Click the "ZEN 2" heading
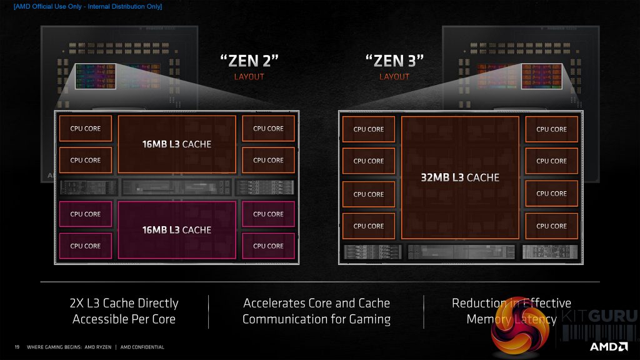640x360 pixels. [249, 61]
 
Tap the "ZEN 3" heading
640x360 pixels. [394, 61]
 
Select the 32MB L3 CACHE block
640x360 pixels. [460, 177]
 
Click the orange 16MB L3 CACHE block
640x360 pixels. [177, 144]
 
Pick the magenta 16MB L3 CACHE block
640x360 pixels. [177, 230]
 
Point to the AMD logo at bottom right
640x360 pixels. [609, 346]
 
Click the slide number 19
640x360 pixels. [17, 347]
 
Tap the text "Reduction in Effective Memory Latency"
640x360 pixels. [511, 311]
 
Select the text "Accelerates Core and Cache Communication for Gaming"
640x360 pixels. [316, 311]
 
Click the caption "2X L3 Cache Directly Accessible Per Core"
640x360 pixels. [124, 311]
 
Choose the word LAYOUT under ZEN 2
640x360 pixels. [249, 77]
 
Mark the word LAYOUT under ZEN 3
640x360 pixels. [394, 77]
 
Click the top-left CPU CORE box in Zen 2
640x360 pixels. [86, 129]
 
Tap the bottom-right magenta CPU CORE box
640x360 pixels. [268, 246]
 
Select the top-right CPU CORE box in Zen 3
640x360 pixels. [551, 129]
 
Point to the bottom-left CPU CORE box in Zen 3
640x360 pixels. [369, 226]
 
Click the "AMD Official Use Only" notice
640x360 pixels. [83, 6]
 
